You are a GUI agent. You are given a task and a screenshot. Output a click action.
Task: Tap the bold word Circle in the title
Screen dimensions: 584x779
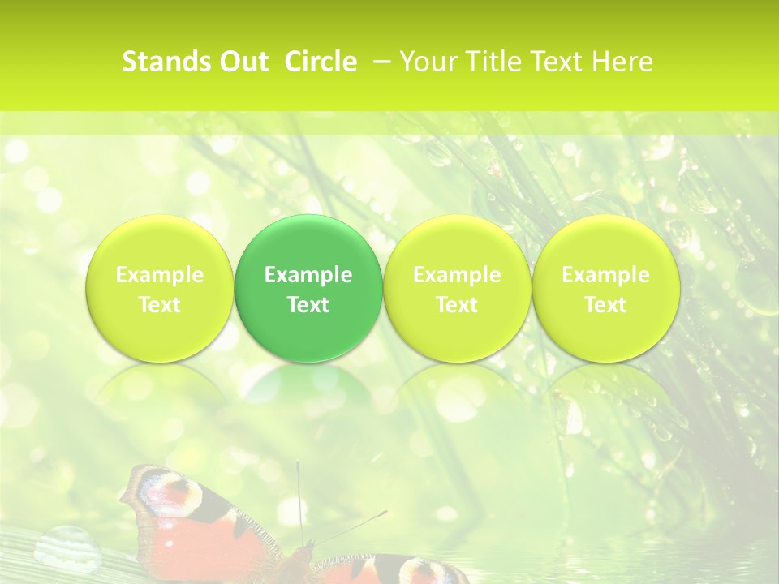point(321,62)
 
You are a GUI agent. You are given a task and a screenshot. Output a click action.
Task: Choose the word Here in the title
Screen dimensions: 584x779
point(622,62)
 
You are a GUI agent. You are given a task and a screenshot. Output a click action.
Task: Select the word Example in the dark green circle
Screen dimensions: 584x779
point(308,276)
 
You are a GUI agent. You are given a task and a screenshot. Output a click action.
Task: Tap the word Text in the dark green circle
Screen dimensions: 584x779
point(308,305)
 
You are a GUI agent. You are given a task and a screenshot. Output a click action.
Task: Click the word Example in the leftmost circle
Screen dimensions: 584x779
point(160,276)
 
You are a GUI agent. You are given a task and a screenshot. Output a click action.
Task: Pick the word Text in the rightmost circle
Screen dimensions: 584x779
point(605,305)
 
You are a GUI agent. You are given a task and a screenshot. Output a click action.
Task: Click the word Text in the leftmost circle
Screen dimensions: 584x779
point(160,305)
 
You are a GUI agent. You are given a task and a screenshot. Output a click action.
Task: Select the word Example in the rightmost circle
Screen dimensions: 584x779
point(605,276)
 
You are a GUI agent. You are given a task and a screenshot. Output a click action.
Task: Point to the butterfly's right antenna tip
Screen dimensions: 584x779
point(385,512)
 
